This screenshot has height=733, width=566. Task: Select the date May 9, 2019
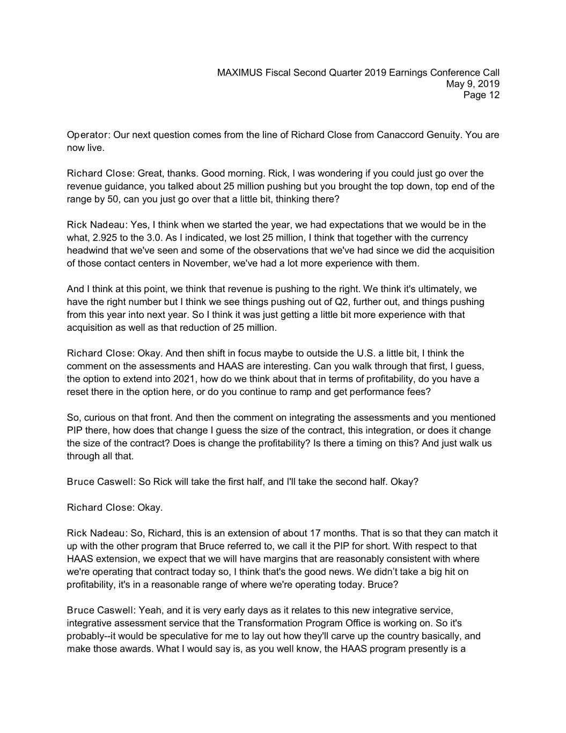click(473, 84)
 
